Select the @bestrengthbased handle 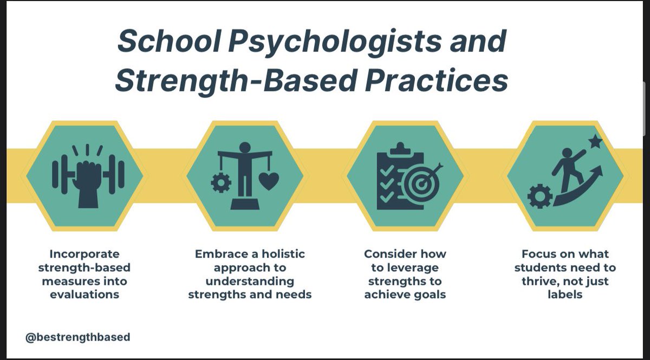(x=77, y=337)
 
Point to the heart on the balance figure (x=268, y=182)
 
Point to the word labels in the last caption (x=565, y=295)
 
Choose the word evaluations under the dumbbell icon (x=84, y=295)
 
